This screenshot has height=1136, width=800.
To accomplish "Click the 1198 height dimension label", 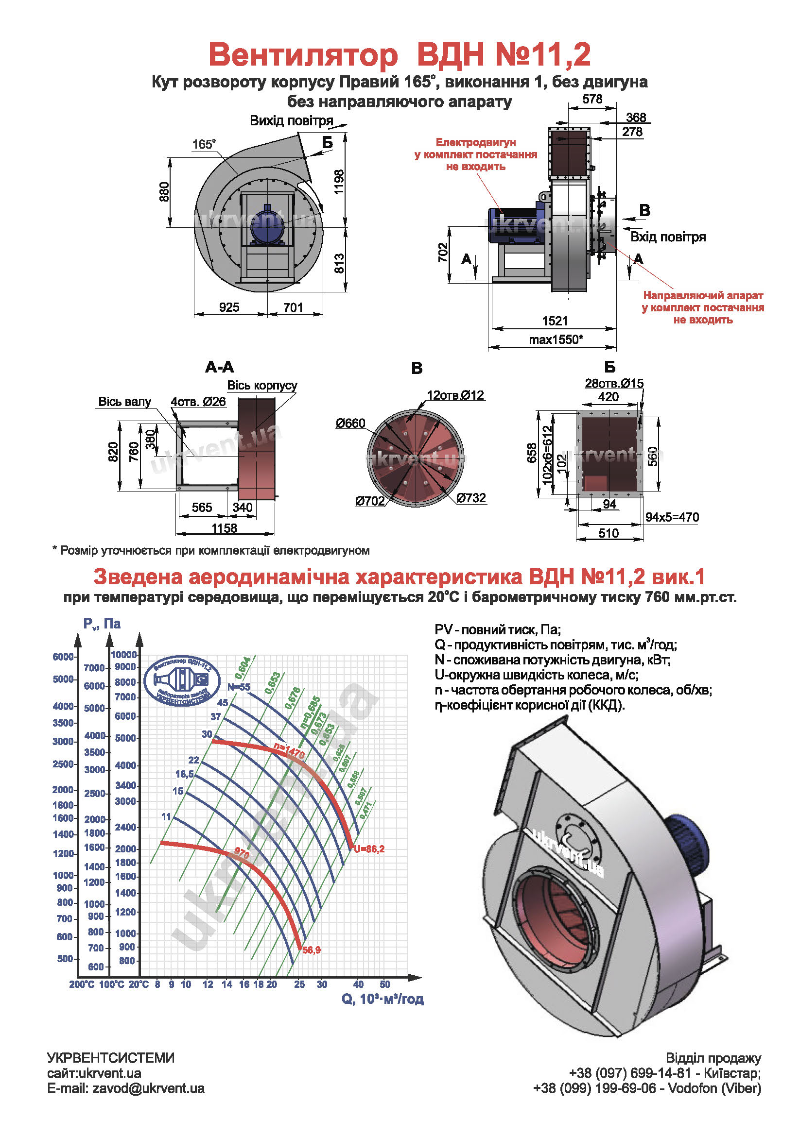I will pyautogui.click(x=339, y=182).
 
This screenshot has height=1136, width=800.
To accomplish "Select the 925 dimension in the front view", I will pyautogui.click(x=229, y=307).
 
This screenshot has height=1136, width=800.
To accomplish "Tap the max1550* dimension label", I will pyautogui.click(x=556, y=339).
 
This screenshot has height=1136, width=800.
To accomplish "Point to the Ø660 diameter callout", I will pyautogui.click(x=350, y=423).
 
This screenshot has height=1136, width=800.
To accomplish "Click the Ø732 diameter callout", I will pyautogui.click(x=471, y=498).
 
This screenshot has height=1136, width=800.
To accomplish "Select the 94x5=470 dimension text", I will pyautogui.click(x=672, y=517).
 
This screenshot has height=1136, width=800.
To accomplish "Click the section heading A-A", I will pyautogui.click(x=219, y=367).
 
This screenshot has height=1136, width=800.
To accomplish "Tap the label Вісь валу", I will pyautogui.click(x=124, y=402).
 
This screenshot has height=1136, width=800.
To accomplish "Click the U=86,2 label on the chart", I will pyautogui.click(x=369, y=849).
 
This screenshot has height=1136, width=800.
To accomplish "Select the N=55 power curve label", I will pyautogui.click(x=239, y=687).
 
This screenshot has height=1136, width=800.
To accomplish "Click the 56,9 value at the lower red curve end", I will pyautogui.click(x=312, y=950).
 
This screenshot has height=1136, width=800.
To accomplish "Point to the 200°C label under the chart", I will pyautogui.click(x=82, y=984).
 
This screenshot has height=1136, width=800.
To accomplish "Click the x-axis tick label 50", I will pyautogui.click(x=384, y=984).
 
